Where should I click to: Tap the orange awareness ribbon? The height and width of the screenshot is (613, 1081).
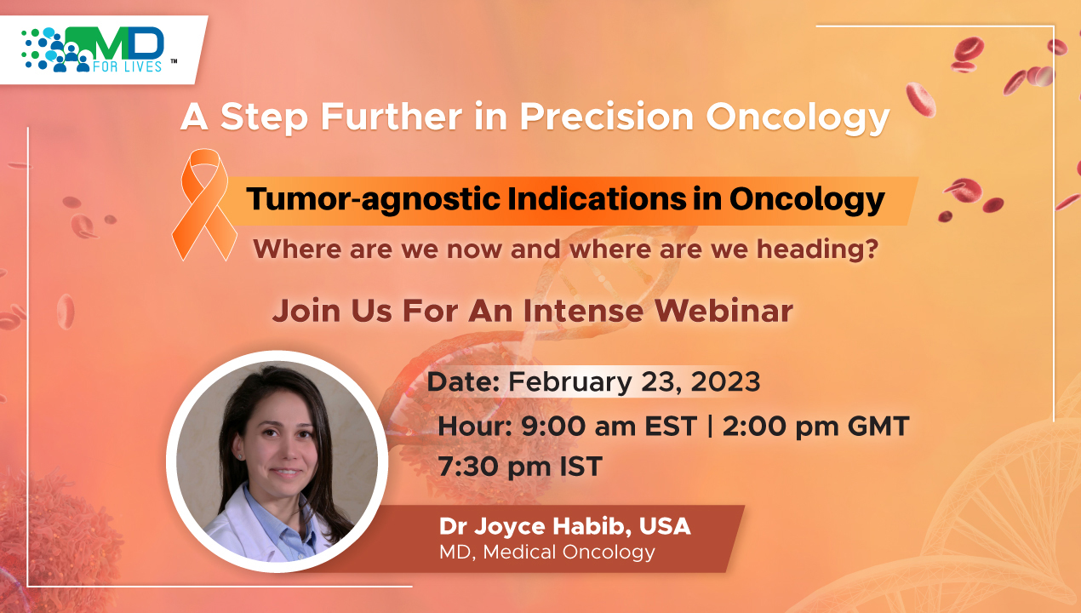[x=204, y=204]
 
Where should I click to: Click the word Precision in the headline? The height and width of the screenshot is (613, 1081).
[x=607, y=117]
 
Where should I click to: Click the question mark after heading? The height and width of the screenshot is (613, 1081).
[x=872, y=249]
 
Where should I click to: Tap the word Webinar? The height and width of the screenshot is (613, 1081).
[x=724, y=311]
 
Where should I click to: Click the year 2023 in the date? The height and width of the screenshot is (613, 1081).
[x=725, y=381]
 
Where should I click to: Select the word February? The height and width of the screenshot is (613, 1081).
[x=569, y=382]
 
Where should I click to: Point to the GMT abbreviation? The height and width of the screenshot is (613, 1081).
[x=878, y=427]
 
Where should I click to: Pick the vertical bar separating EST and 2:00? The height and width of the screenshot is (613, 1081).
[x=709, y=426]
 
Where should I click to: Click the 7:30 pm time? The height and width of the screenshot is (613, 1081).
[x=495, y=467]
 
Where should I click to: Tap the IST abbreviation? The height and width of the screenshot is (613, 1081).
[x=581, y=466]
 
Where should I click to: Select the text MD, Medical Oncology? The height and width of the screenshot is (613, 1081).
[x=546, y=553]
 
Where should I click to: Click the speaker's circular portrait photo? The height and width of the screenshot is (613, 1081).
[x=277, y=461]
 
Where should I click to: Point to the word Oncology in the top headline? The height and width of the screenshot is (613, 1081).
[x=798, y=117]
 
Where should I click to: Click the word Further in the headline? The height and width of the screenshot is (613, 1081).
[x=391, y=117]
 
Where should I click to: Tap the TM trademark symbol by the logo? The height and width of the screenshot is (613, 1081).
[x=174, y=60]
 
